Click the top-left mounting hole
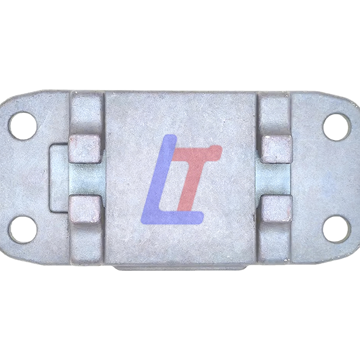(x=23, y=126)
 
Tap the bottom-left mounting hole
(x=23, y=229)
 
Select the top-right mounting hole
(x=337, y=127)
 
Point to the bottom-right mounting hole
(x=337, y=229)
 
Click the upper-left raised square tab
(x=85, y=148)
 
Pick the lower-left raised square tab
(x=85, y=209)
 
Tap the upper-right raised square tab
(x=277, y=149)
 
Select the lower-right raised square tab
(x=277, y=209)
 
